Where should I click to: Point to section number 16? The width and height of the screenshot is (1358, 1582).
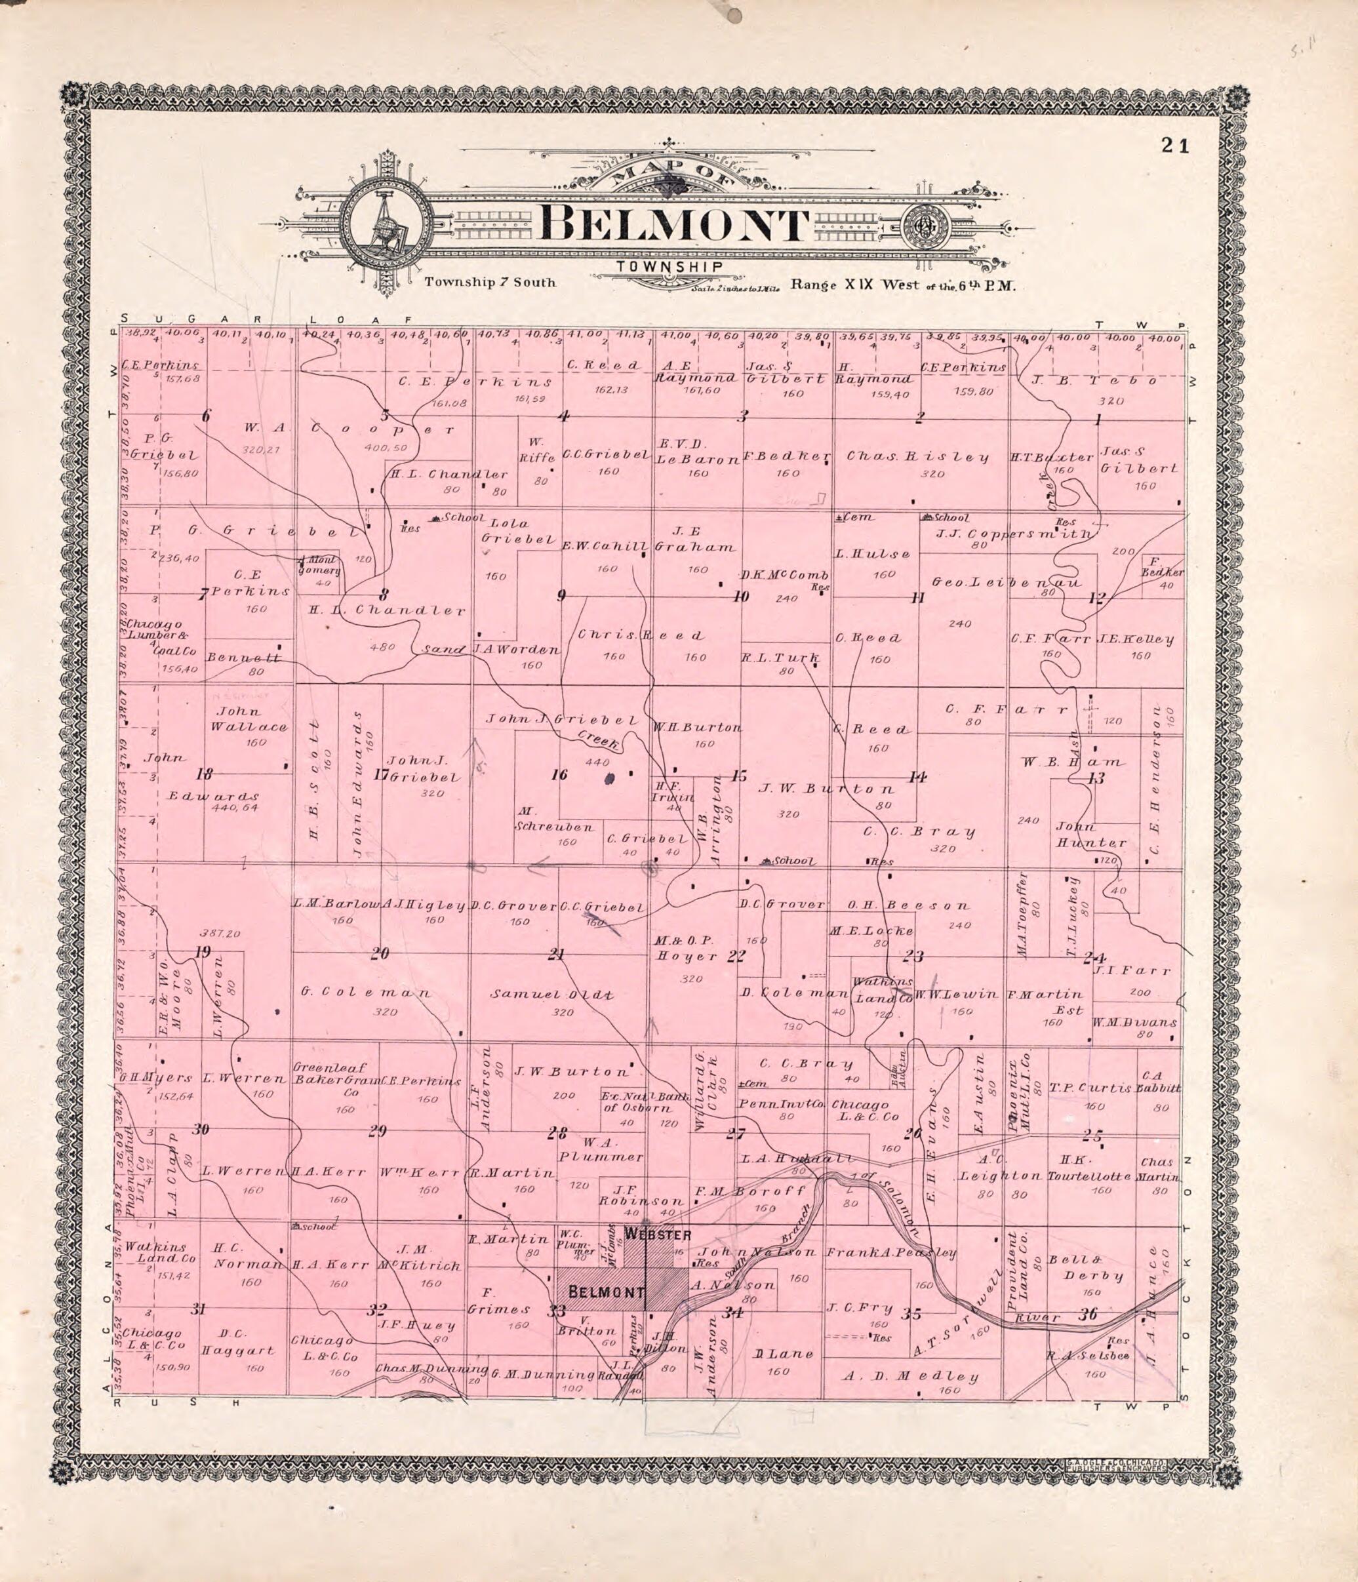coord(560,775)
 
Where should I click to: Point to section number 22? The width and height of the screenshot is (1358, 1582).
coord(735,955)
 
